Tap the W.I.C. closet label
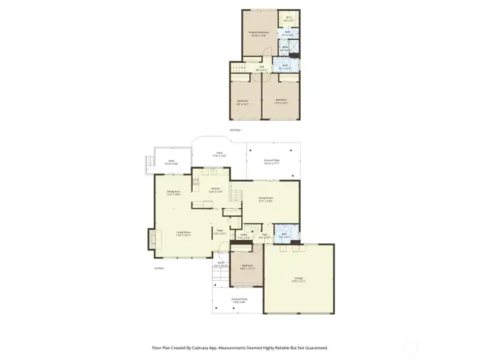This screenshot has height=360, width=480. coord(289,19)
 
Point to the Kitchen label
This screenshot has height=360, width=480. coord(216,189)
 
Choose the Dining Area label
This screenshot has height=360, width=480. coord(173,193)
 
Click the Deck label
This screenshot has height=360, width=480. coord(171,161)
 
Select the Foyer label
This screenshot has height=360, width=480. coord(219,232)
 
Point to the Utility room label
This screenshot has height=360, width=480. coord(243,235)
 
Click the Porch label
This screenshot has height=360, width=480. coord(221,264)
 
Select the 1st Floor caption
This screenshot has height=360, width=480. coord(159,269)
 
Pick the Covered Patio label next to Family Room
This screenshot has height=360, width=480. coord(271,161)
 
